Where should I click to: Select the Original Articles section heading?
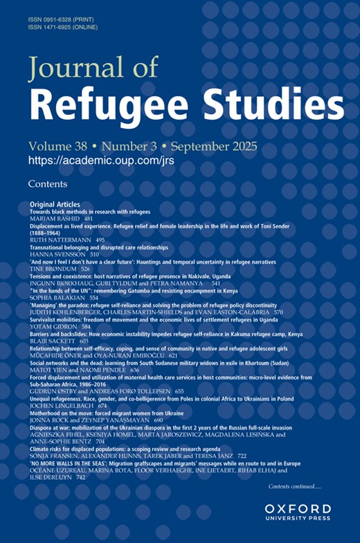click(55, 205)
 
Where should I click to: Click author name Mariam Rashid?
click(55, 218)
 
